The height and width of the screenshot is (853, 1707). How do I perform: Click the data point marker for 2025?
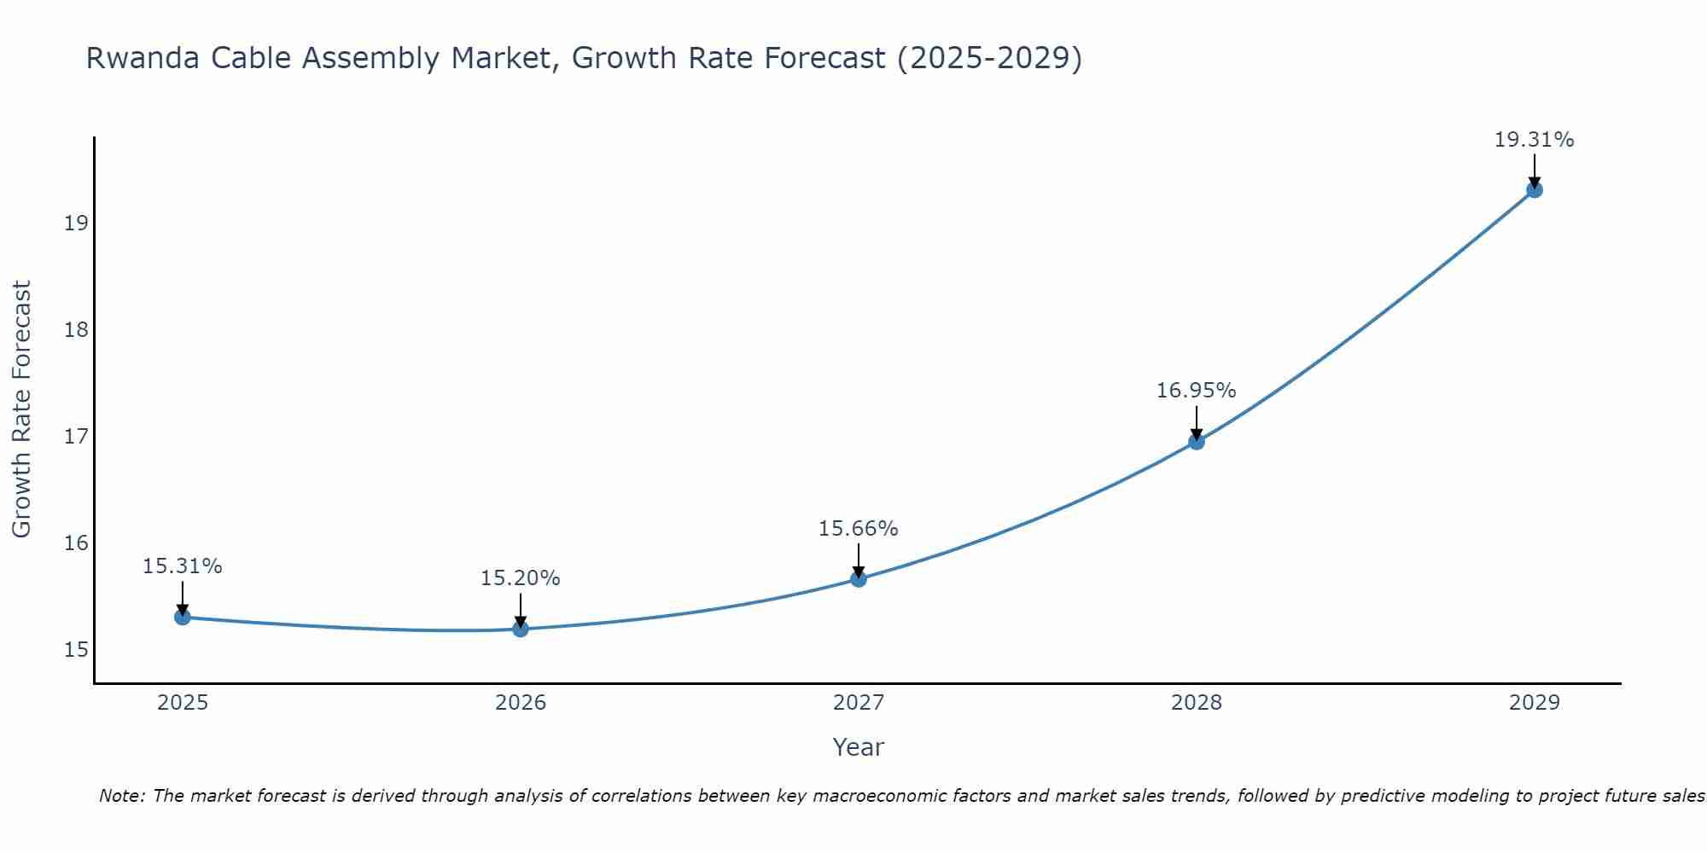182,617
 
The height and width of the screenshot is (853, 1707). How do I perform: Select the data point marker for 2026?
521,629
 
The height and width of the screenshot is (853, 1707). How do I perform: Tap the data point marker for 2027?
859,579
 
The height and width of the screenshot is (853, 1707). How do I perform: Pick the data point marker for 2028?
1197,441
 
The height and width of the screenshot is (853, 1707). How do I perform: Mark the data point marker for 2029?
1535,189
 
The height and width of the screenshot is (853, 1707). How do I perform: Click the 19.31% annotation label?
1534,140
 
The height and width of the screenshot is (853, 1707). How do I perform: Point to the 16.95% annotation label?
1196,391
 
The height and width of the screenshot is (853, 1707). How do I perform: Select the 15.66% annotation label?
858,529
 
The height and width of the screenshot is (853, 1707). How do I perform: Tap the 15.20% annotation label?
520,578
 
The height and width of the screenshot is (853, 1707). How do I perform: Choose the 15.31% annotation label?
182,566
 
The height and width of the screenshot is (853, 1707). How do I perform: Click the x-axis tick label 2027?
859,703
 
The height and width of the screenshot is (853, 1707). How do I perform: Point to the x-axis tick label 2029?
1535,703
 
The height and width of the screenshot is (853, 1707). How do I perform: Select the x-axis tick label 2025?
183,703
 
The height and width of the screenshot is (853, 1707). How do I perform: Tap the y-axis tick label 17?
76,437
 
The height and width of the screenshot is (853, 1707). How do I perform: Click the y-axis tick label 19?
76,223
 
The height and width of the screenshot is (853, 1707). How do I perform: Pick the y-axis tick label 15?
76,650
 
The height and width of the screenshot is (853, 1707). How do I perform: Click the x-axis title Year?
858,747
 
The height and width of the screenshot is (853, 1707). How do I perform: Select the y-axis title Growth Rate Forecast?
21,409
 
